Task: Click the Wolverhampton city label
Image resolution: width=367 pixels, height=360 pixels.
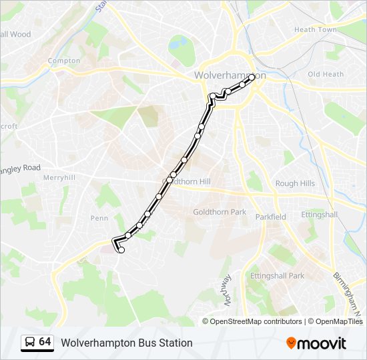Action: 230,75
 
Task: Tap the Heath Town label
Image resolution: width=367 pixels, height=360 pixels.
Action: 315,29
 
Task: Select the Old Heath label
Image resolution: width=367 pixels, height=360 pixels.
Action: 325,74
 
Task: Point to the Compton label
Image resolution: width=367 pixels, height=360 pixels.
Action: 63,61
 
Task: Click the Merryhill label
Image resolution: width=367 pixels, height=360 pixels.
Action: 59,178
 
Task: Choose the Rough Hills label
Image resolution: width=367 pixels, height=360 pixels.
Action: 295,183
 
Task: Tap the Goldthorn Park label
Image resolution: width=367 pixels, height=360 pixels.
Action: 220,212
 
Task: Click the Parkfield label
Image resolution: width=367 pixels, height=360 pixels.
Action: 270,217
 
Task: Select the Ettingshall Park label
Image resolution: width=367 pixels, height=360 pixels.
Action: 277,275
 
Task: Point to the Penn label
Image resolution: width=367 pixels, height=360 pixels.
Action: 99,218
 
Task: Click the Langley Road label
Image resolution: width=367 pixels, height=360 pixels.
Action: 21,169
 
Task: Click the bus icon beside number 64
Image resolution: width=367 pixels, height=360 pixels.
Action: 29,343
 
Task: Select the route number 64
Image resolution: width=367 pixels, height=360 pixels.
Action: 45,342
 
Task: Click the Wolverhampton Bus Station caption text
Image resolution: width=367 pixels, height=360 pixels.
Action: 127,343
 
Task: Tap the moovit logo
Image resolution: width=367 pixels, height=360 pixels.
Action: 316,343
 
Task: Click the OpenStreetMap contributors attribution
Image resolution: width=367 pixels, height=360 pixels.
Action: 256,321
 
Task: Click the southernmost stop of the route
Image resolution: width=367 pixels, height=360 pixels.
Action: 121,250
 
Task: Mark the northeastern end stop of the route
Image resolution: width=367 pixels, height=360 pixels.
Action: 252,78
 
